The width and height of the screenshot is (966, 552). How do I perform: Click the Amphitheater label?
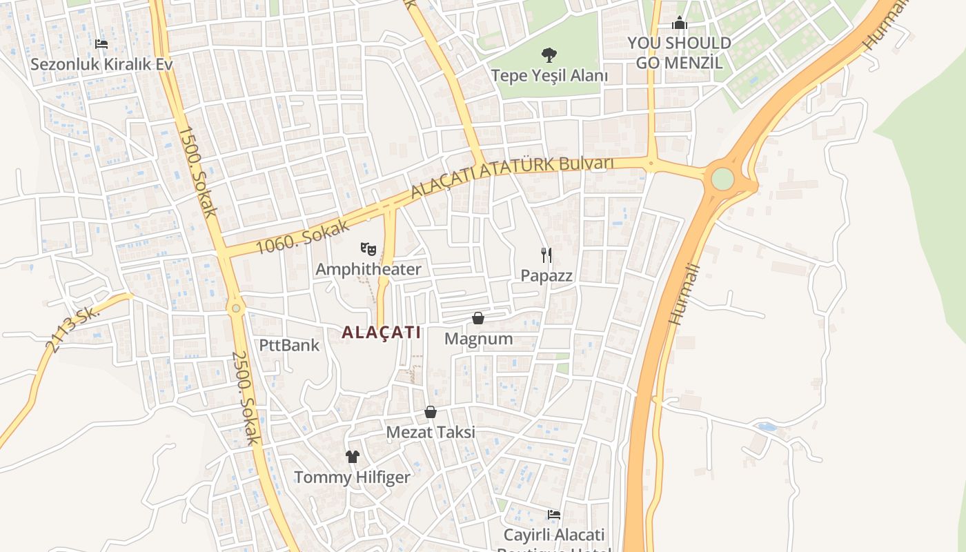368,269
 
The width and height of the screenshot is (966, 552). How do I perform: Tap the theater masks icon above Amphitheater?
368,248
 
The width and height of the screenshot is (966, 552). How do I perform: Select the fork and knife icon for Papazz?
546,255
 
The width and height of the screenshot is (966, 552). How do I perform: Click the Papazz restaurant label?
546,275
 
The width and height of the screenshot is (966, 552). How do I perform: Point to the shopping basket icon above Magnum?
477,318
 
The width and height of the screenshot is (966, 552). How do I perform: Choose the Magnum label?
478,339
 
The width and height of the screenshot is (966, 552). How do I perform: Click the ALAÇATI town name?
381,332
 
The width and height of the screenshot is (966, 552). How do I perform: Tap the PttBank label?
289,345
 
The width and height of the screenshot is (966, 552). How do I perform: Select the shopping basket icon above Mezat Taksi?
431,412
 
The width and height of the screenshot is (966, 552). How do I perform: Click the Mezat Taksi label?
431,433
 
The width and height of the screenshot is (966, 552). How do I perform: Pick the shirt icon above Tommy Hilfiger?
353,457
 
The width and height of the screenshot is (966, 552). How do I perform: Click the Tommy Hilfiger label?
352,477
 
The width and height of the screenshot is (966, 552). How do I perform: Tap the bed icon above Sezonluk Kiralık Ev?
101,44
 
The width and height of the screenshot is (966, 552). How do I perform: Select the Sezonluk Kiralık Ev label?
101,64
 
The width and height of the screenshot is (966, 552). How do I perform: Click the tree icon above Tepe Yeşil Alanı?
549,55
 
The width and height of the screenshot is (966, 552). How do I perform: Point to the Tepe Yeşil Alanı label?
549,75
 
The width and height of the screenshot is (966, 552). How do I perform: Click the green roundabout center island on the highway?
722,179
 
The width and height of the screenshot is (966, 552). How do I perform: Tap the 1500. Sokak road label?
197,170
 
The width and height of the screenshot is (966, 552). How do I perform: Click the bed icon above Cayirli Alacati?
553,514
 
